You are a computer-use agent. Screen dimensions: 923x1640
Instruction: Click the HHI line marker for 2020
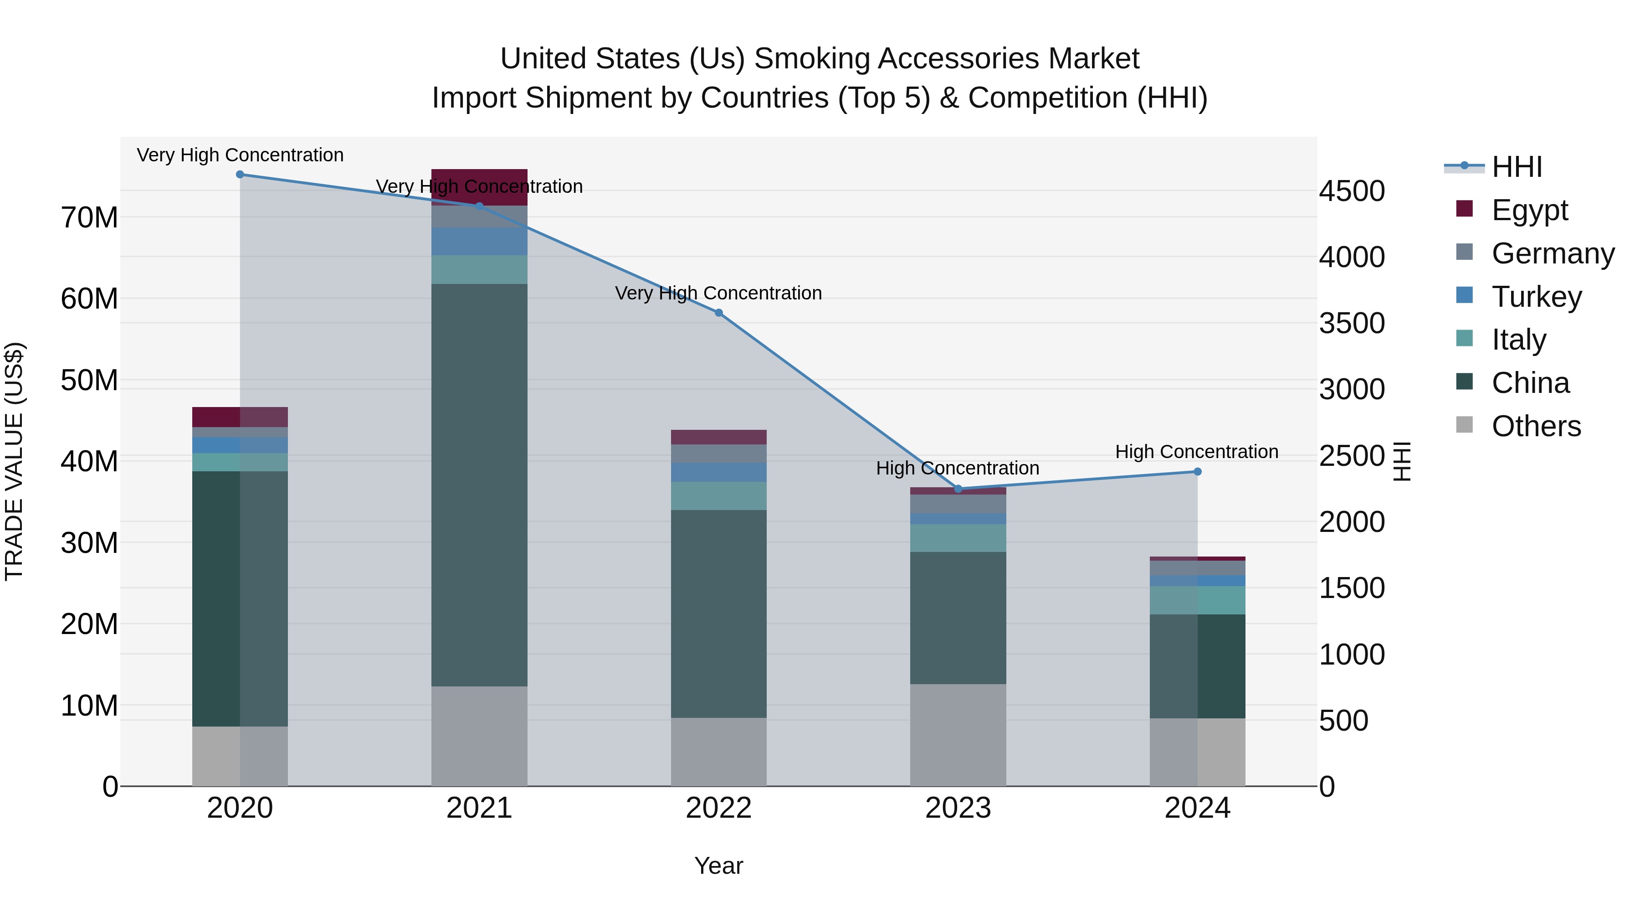pos(240,175)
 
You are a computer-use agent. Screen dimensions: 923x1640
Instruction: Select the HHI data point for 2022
pos(719,313)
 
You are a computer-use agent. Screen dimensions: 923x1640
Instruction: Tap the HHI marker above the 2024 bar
pos(1198,472)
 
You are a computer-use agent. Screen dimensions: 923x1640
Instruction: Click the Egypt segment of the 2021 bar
pos(479,186)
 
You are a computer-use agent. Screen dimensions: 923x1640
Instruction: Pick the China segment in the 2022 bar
pos(719,614)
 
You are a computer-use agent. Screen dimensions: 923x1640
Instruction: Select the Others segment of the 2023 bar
pos(958,735)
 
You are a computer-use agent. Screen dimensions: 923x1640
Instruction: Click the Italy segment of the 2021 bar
pos(479,269)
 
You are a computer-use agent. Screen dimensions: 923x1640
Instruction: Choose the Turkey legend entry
pos(1536,297)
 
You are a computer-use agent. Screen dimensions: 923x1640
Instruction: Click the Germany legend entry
pos(1552,253)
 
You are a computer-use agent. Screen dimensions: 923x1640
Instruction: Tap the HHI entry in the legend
pos(1517,167)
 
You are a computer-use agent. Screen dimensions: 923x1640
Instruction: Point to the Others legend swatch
pos(1464,425)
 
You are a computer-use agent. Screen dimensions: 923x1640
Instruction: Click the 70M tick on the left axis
pos(89,218)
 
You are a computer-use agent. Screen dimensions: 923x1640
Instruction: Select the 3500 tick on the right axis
pos(1352,323)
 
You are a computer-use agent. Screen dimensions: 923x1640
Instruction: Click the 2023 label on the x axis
pos(958,808)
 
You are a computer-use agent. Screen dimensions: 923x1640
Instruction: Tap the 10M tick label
pos(89,706)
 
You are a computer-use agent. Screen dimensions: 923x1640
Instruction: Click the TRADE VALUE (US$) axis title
pos(14,461)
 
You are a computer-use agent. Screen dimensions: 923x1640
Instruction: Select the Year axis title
pos(719,866)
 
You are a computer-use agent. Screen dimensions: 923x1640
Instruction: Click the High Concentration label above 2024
pos(1197,452)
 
